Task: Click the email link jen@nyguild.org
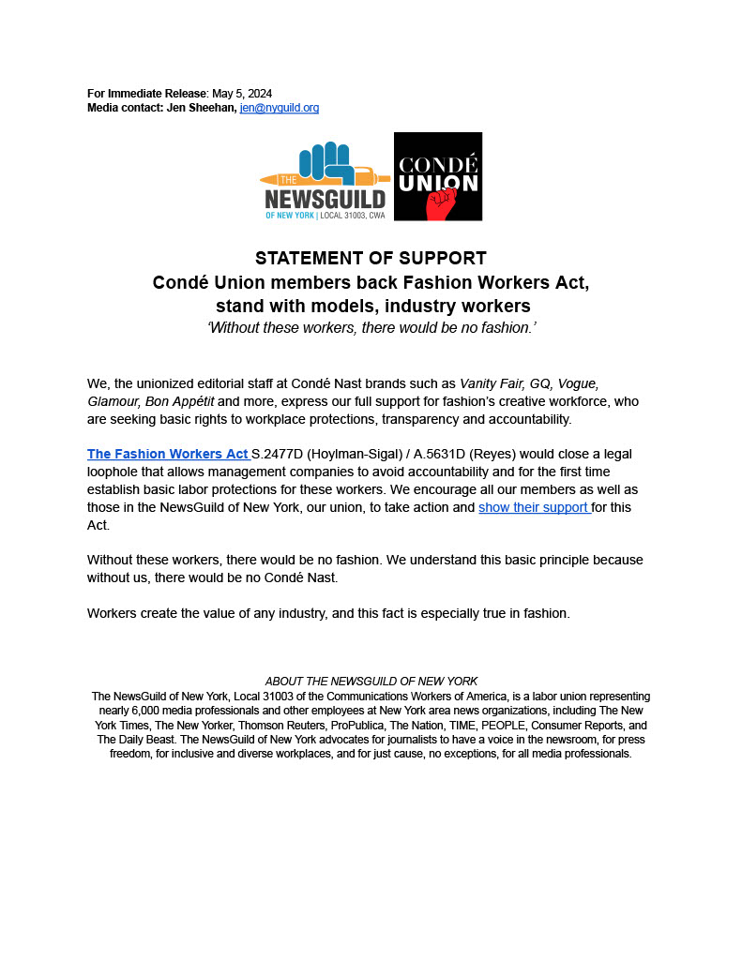pos(280,108)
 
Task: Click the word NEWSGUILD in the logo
pos(325,199)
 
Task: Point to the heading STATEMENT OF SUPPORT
pos(371,259)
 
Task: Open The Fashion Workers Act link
pos(168,454)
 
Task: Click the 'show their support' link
pos(534,507)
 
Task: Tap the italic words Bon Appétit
pos(179,401)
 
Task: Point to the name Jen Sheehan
pos(201,108)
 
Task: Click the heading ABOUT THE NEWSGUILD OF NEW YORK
pos(371,681)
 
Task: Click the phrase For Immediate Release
pos(147,93)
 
